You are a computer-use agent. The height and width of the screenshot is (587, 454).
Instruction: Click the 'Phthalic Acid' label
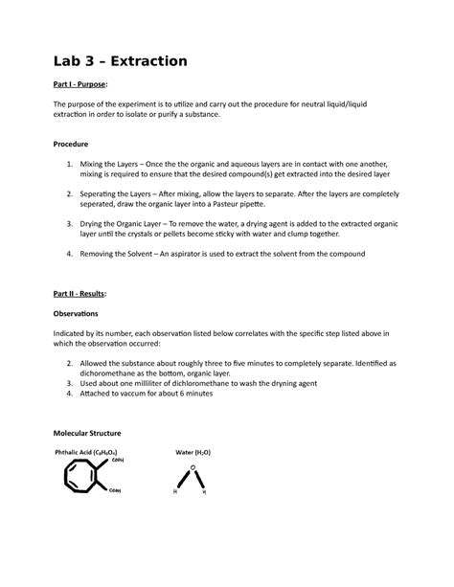tap(78, 451)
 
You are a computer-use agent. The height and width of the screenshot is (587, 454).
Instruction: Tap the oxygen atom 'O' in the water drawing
tap(194, 467)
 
